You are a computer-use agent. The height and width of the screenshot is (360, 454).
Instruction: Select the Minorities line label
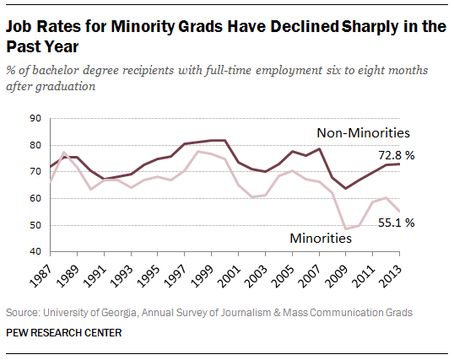[x=321, y=239]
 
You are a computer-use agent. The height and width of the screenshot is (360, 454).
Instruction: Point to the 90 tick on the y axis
[x=36, y=119]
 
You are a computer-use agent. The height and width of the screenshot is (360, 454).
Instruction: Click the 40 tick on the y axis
[x=36, y=251]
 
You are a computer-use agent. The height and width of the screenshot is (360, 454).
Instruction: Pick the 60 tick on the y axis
[x=36, y=198]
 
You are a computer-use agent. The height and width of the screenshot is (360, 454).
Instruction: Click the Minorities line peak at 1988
[x=64, y=153]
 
